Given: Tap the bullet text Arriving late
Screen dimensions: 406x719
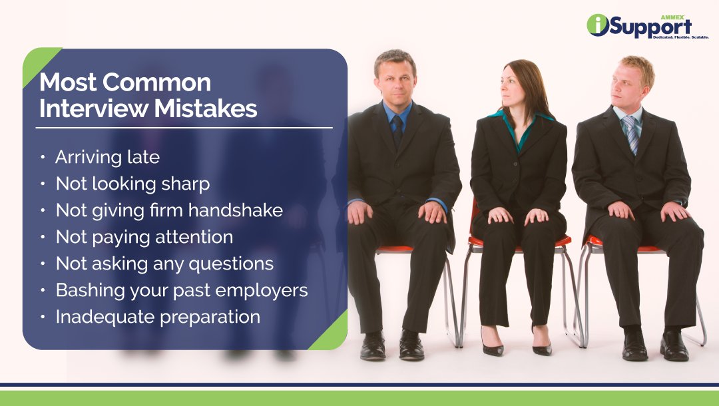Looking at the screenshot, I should coord(107,157).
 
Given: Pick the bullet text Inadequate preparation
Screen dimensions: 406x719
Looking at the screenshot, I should coord(158,317).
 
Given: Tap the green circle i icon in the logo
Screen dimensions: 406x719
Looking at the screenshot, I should coord(598,25).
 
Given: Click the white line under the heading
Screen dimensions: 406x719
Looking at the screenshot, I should coord(185,127).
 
